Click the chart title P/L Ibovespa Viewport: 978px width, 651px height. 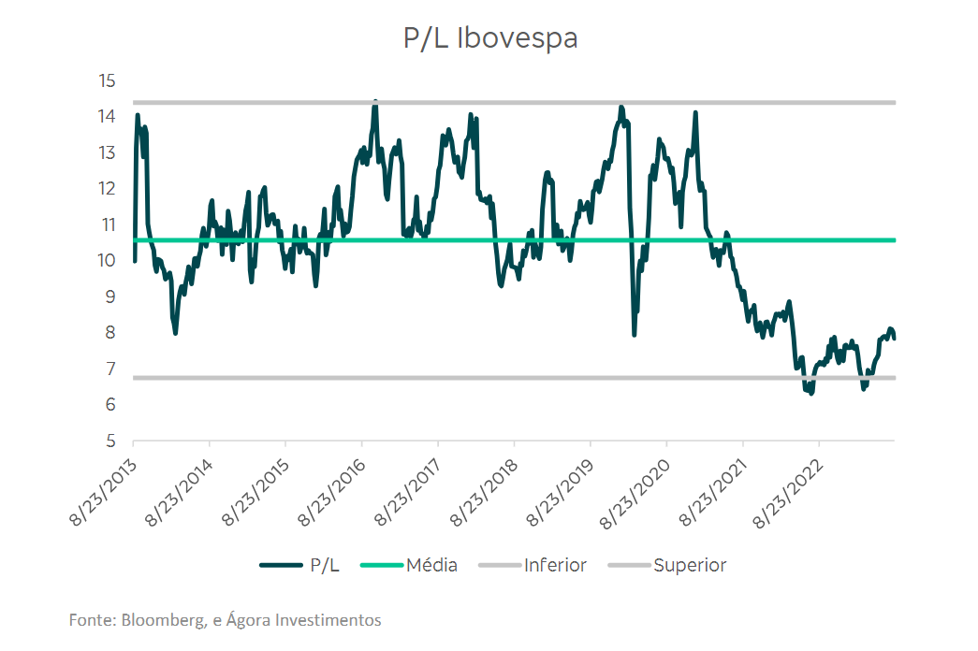click(489, 38)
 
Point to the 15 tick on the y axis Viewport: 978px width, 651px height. click(107, 80)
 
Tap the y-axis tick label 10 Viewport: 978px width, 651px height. click(107, 261)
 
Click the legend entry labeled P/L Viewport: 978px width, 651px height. click(324, 565)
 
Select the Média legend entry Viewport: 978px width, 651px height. click(431, 565)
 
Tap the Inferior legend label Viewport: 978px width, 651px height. click(555, 565)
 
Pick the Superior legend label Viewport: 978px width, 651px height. click(690, 565)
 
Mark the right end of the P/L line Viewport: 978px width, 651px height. click(894, 338)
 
